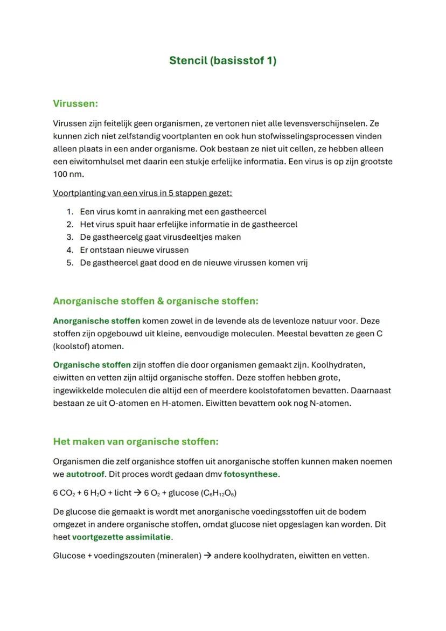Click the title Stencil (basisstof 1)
tap(222, 60)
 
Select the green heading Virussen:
tap(75, 103)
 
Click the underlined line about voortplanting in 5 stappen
tap(142, 193)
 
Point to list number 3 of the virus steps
tap(70, 237)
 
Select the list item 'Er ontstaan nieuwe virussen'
tap(134, 250)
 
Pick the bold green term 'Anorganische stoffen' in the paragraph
tap(96, 321)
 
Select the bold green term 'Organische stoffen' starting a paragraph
tap(92, 365)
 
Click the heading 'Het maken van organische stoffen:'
tap(136, 442)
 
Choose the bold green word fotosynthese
tap(250, 475)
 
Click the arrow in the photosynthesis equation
tap(137, 493)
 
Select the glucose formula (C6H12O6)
tap(218, 493)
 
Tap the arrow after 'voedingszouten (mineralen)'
tap(207, 556)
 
